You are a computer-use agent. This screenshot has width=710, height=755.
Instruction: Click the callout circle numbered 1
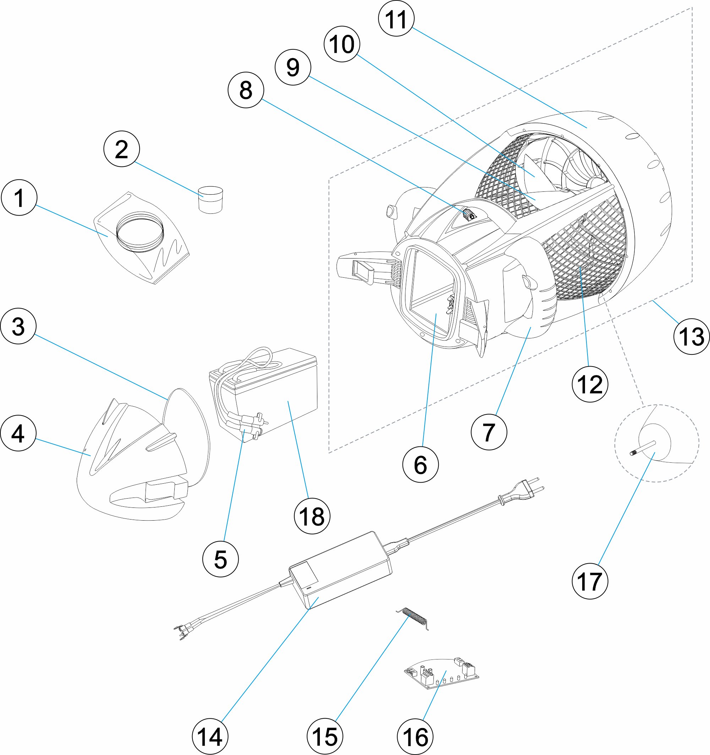19,197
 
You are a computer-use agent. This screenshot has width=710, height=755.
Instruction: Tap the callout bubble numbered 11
397,18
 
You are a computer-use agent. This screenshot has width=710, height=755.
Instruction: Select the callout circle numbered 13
691,337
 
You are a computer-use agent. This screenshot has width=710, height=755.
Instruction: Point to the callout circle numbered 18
312,516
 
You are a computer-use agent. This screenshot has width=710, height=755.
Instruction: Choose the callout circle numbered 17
590,581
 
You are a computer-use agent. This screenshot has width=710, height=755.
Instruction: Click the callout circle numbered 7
488,432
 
